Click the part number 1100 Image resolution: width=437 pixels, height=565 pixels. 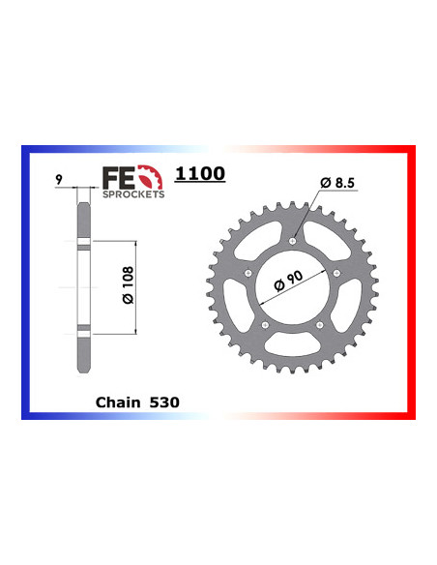tap(200, 174)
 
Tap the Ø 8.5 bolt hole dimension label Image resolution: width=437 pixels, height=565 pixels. tap(339, 183)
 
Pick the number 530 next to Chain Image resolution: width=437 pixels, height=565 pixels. tap(164, 399)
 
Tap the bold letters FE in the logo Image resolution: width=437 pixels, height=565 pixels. tap(115, 177)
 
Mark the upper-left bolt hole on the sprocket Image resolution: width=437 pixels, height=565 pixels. tap(250, 274)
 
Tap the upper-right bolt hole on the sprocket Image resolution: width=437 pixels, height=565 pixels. tap(337, 274)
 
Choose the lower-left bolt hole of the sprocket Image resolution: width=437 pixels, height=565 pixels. tap(267, 325)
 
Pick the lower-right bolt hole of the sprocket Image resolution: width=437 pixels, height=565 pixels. tap(321, 325)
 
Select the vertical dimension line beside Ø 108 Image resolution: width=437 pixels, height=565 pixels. tap(135, 287)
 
